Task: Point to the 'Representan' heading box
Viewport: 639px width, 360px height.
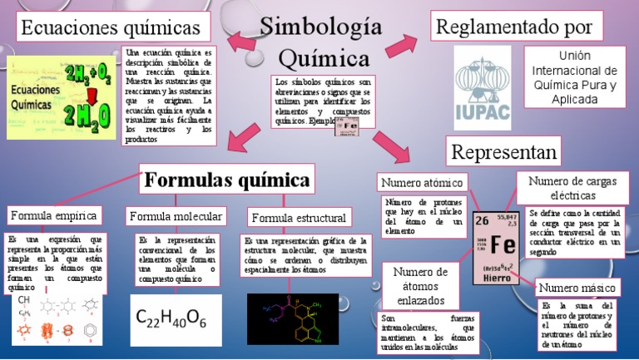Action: [503, 151]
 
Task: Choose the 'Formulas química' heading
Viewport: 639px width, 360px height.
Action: [227, 180]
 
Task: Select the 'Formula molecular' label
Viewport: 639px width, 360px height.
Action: [176, 216]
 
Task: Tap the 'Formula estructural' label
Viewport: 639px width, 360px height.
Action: [298, 218]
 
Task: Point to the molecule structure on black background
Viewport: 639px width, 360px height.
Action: [293, 318]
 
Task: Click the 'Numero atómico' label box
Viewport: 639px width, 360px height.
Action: [422, 182]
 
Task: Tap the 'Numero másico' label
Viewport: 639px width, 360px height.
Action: [577, 288]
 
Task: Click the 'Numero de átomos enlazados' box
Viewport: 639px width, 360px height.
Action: [420, 286]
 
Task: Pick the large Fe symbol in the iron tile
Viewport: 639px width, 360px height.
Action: [503, 245]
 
